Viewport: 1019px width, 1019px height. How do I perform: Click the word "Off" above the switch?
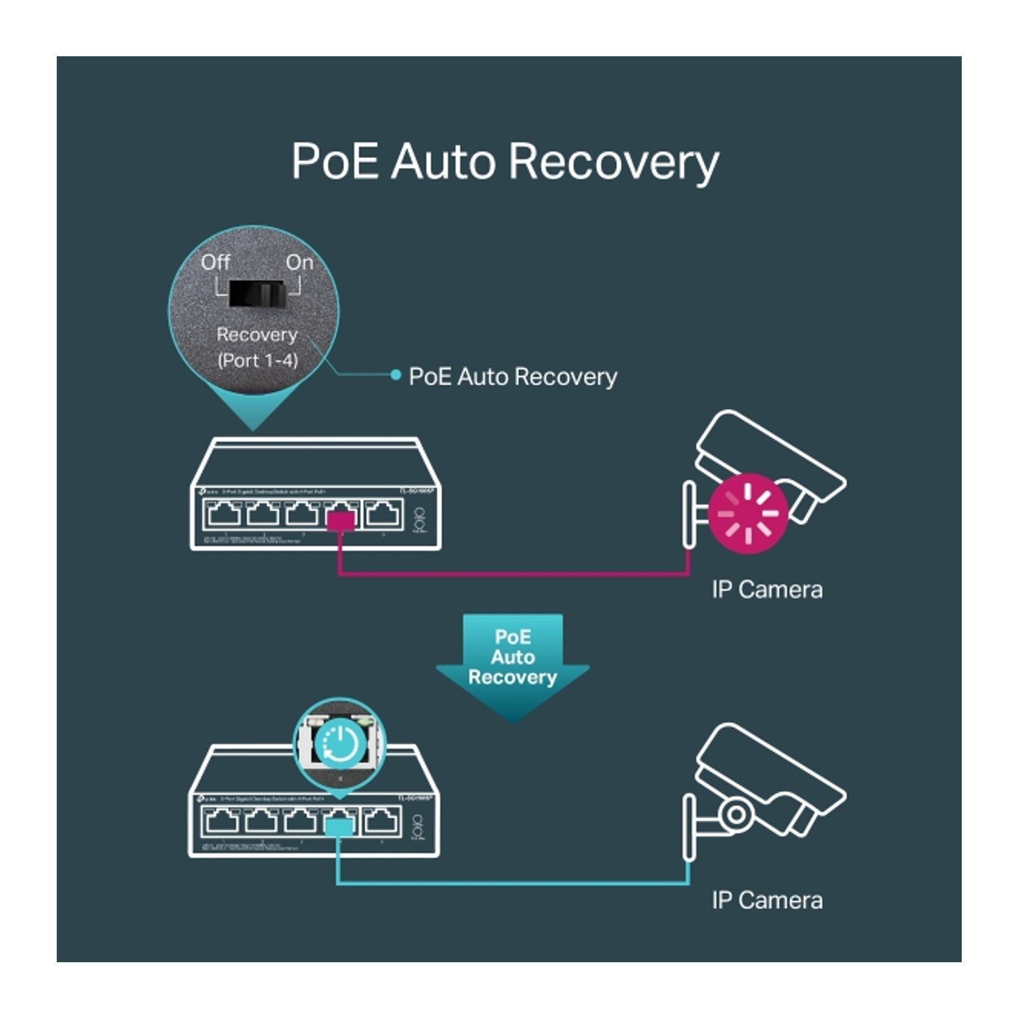(x=215, y=262)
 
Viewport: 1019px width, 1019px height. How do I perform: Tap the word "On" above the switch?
(x=300, y=262)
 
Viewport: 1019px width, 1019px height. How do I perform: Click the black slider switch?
(x=257, y=294)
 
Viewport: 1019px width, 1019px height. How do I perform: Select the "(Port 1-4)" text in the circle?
(x=258, y=361)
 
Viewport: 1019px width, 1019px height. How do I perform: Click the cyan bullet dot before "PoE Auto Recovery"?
(x=396, y=374)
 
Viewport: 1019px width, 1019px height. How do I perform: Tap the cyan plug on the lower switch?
(x=339, y=828)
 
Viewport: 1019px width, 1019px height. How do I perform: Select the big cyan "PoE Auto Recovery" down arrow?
(x=512, y=666)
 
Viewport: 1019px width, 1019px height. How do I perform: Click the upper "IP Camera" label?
(x=767, y=589)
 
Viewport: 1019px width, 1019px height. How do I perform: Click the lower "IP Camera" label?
(x=767, y=900)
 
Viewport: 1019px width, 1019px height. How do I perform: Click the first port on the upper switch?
(x=225, y=514)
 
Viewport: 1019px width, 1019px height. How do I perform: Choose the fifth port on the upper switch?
(x=383, y=514)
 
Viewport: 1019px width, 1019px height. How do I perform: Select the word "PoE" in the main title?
(x=335, y=162)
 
